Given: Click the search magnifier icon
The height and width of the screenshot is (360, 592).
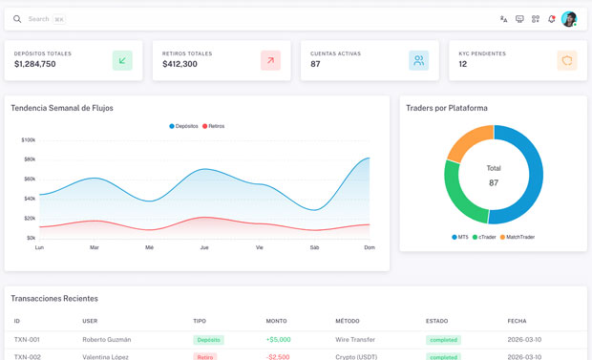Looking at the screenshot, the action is pyautogui.click(x=17, y=19).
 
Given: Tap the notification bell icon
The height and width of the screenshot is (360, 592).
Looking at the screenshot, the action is pyautogui.click(x=551, y=19).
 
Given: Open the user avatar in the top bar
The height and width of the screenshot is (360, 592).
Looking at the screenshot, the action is pyautogui.click(x=569, y=19).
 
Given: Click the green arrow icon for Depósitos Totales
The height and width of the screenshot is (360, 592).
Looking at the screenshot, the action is pyautogui.click(x=122, y=60).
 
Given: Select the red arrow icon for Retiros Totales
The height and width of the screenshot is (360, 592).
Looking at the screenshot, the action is pyautogui.click(x=271, y=60).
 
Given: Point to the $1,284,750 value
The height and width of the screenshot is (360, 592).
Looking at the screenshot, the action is pyautogui.click(x=35, y=64).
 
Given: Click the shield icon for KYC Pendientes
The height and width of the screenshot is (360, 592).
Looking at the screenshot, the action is pyautogui.click(x=567, y=60).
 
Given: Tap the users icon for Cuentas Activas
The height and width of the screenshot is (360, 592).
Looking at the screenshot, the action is pyautogui.click(x=419, y=60).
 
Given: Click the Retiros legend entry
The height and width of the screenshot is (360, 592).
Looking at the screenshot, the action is pyautogui.click(x=213, y=126).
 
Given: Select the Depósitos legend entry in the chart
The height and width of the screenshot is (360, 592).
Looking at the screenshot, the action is pyautogui.click(x=183, y=126).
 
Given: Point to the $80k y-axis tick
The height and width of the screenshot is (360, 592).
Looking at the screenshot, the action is pyautogui.click(x=30, y=159).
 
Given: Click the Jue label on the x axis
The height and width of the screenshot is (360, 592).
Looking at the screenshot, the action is pyautogui.click(x=204, y=247).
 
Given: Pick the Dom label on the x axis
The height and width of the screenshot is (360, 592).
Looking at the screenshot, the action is pyautogui.click(x=370, y=247).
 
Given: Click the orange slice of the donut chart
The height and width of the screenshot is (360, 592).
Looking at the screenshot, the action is pyautogui.click(x=467, y=140).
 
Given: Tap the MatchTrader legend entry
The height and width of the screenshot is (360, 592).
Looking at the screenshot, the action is pyautogui.click(x=518, y=237).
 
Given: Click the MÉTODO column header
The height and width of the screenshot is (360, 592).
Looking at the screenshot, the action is pyautogui.click(x=348, y=321).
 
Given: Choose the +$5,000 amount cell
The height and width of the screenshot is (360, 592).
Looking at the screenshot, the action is pyautogui.click(x=278, y=340).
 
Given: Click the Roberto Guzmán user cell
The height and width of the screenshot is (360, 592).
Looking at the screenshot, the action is pyautogui.click(x=107, y=340).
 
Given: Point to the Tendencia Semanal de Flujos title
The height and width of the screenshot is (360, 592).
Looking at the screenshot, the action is pyautogui.click(x=62, y=108).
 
